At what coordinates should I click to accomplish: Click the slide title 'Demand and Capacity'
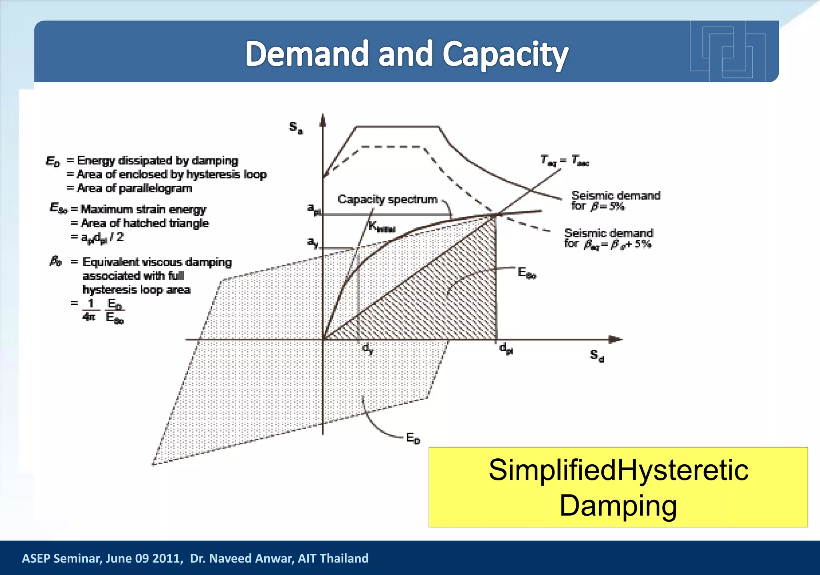[x=406, y=54]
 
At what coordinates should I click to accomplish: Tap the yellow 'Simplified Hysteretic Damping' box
[x=618, y=487]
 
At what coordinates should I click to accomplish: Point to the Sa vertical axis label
[x=296, y=128]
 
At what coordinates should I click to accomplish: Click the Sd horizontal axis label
[x=597, y=355]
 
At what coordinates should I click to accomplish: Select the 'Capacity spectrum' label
[x=387, y=199]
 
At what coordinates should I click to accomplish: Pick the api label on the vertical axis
[x=314, y=209]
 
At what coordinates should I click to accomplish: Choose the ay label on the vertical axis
[x=313, y=242]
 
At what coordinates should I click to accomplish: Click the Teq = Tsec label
[x=565, y=160]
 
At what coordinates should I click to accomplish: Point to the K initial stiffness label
[x=382, y=227]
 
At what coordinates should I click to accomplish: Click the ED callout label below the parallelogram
[x=413, y=438]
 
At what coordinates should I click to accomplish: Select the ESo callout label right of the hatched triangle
[x=527, y=273]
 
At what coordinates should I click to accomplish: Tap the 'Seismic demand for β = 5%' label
[x=615, y=200]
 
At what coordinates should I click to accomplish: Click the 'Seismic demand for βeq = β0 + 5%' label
[x=608, y=239]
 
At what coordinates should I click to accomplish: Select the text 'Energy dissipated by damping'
[x=157, y=160]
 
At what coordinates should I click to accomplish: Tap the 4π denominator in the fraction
[x=89, y=317]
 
